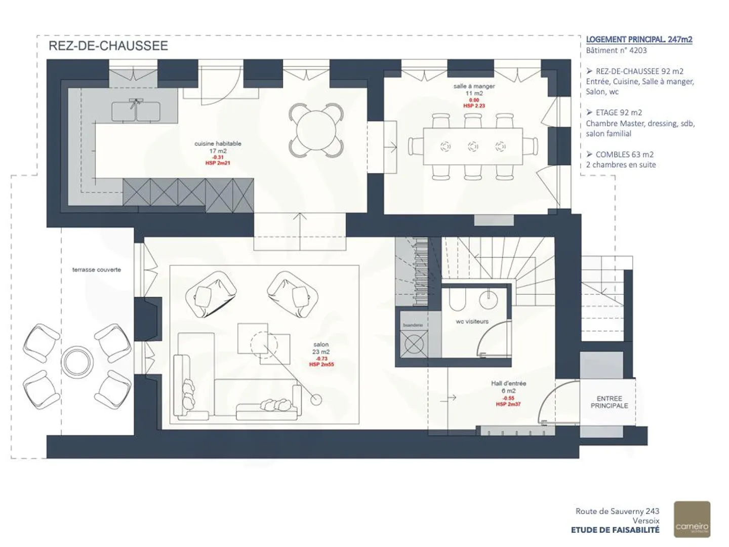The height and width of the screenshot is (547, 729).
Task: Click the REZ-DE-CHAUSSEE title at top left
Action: (x=108, y=46)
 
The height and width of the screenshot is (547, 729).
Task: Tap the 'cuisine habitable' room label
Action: (x=218, y=144)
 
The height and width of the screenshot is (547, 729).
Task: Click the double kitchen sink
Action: (x=136, y=111)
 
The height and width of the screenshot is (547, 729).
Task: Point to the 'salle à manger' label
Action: (x=474, y=87)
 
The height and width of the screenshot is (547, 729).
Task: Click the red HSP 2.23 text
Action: (x=474, y=106)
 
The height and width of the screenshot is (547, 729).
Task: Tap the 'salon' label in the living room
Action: (x=321, y=345)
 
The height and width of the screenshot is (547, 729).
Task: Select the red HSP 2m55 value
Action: (x=321, y=365)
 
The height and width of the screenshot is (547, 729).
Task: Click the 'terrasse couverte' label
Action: (x=97, y=270)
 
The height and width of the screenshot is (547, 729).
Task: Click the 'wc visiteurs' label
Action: (x=472, y=322)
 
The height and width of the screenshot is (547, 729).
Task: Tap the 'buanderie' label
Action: (x=413, y=325)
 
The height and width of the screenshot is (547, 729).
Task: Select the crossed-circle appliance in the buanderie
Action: (x=414, y=344)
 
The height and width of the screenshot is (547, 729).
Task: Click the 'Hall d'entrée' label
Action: (x=508, y=384)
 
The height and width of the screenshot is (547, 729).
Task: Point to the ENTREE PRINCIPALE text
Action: (x=609, y=402)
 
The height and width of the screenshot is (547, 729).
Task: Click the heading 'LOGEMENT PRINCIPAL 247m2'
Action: (x=639, y=40)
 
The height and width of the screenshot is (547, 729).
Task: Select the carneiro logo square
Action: (x=692, y=519)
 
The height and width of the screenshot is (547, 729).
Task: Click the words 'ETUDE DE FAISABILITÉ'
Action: (x=615, y=530)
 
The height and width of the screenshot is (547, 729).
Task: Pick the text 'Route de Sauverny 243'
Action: (x=617, y=512)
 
